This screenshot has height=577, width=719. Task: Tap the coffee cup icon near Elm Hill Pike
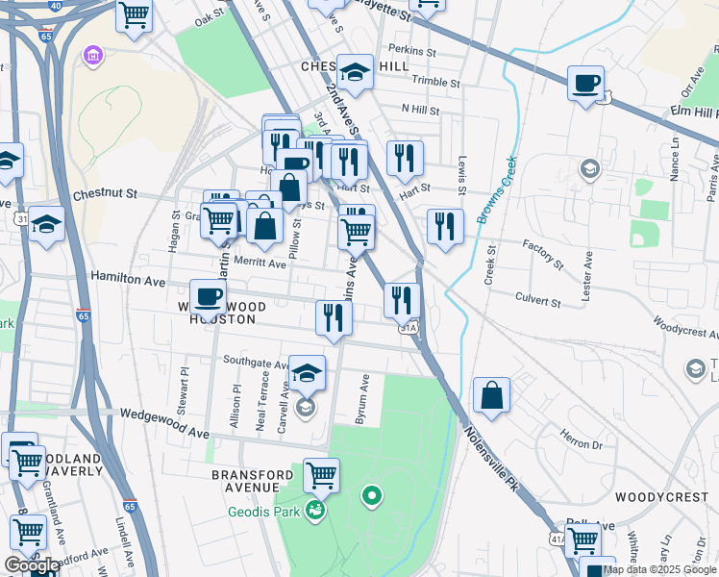tap(584, 84)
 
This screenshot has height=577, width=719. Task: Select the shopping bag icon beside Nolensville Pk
tap(491, 395)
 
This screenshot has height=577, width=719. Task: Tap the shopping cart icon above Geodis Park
tap(321, 474)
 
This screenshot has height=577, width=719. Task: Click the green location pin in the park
tap(371, 497)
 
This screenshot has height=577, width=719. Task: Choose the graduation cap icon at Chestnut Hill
tap(355, 72)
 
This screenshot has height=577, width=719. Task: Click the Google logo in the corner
tap(31, 565)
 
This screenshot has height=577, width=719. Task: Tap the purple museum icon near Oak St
tap(94, 55)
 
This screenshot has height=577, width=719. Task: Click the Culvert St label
tap(538, 301)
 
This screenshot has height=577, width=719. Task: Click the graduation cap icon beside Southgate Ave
tap(307, 372)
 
